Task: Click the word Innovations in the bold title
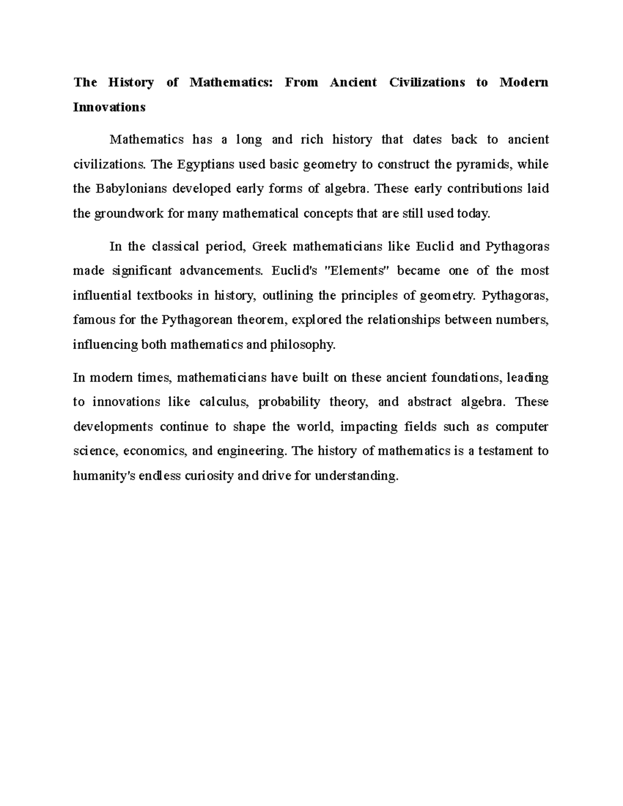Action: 109,107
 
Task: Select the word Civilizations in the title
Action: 427,83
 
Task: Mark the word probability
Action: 289,402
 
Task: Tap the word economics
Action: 159,452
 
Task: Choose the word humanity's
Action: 105,476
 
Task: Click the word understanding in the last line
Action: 356,476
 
